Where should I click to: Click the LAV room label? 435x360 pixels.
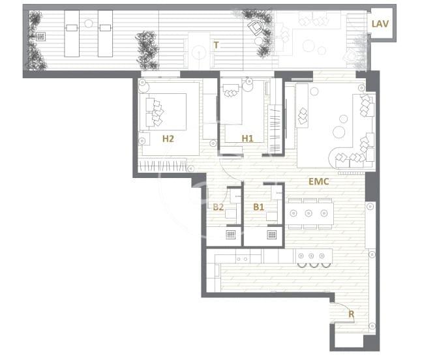[x=380, y=23]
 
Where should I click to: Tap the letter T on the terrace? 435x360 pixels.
[x=215, y=46]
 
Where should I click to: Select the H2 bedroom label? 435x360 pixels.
[x=168, y=138]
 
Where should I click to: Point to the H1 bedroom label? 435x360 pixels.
[x=247, y=138]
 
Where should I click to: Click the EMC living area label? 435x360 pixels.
[x=318, y=183]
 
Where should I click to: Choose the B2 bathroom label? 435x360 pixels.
[x=218, y=207]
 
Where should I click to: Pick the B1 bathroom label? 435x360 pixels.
[x=259, y=207]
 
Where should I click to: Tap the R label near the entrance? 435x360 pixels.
[x=351, y=314]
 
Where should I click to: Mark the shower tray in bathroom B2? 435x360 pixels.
[x=230, y=235]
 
